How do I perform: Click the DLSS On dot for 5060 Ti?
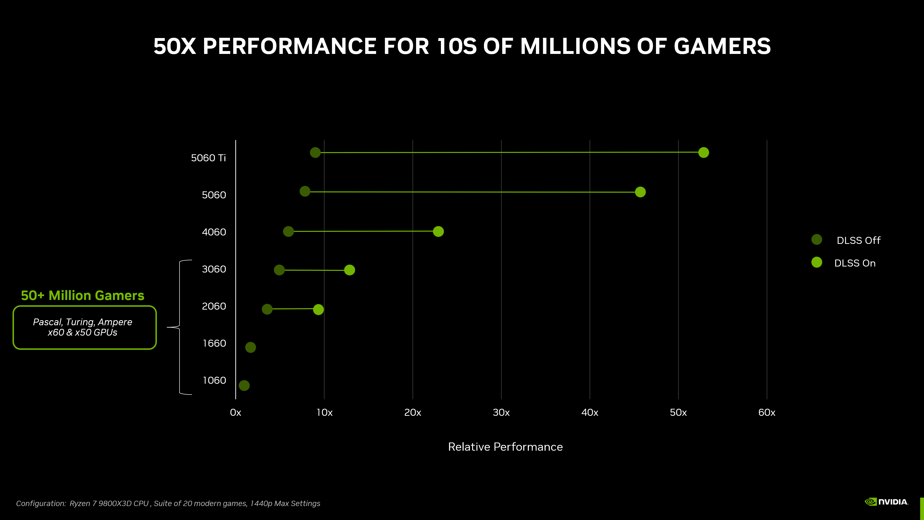pyautogui.click(x=703, y=153)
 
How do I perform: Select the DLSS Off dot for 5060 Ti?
pyautogui.click(x=315, y=153)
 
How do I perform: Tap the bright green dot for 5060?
pyautogui.click(x=640, y=192)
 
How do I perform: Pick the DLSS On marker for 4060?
pyautogui.click(x=438, y=231)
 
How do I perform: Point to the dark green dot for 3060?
pyautogui.click(x=279, y=270)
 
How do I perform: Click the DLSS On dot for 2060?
pyautogui.click(x=318, y=309)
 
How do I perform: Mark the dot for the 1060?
pyautogui.click(x=244, y=385)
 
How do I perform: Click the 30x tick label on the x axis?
pyautogui.click(x=501, y=412)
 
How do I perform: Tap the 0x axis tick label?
pyautogui.click(x=235, y=412)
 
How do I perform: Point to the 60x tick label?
pyautogui.click(x=767, y=412)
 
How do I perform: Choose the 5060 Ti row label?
pyautogui.click(x=208, y=158)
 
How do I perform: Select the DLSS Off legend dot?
pyautogui.click(x=816, y=240)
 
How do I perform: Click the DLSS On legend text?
pyautogui.click(x=855, y=263)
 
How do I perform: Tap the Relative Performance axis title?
pyautogui.click(x=505, y=447)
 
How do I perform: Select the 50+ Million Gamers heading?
pyautogui.click(x=83, y=295)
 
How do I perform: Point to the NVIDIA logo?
pyautogui.click(x=886, y=502)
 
